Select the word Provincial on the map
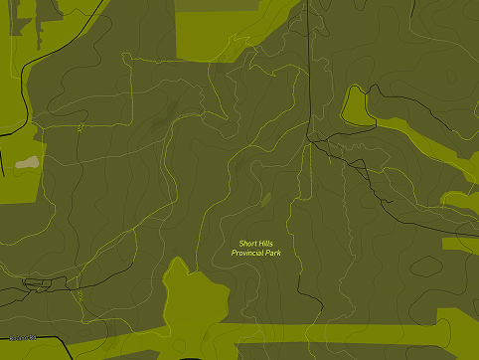coord(249,254)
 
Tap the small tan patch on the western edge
coord(27,161)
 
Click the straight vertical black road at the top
coord(308,70)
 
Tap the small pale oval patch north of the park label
coord(265,200)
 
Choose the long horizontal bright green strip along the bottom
coord(328,335)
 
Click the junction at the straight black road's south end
coord(310,141)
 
